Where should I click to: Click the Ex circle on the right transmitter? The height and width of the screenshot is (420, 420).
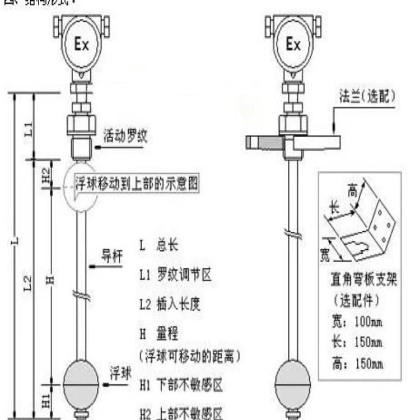pyautogui.click(x=293, y=44)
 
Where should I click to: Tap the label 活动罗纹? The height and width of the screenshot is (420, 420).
pyautogui.click(x=125, y=136)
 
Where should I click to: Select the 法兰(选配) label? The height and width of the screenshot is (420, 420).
pyautogui.click(x=366, y=96)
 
